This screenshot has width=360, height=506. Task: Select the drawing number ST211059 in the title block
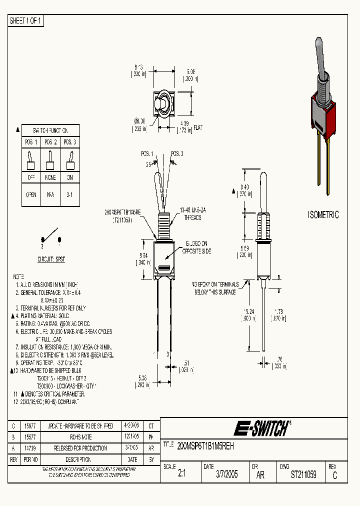pos(303,475)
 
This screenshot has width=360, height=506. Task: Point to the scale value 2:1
pos(181,475)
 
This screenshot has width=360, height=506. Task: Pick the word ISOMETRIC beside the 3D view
pos(323,215)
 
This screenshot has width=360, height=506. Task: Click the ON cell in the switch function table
pos(69,177)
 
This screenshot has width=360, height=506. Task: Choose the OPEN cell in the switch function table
pos(31,195)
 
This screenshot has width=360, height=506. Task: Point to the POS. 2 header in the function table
pos(50,142)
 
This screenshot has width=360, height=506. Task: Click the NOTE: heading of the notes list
pos(18,276)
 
